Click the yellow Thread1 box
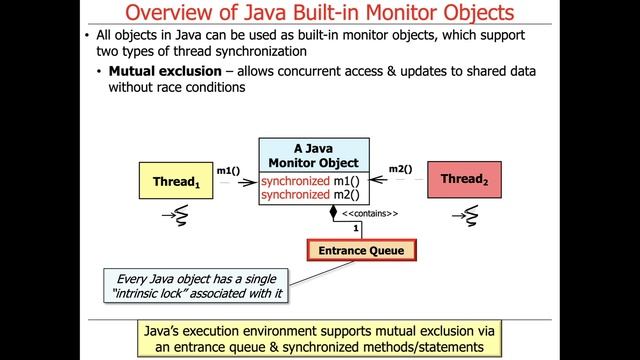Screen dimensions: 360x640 pos(175,182)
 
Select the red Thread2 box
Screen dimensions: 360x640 pos(464,180)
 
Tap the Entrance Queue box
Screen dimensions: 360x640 pos(361,250)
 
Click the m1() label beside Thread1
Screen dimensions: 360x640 pos(228,170)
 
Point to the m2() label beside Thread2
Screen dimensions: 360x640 pos(401,169)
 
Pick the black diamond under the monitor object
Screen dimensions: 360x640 pos(334,212)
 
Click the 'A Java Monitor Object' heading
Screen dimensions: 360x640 pos(313,155)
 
